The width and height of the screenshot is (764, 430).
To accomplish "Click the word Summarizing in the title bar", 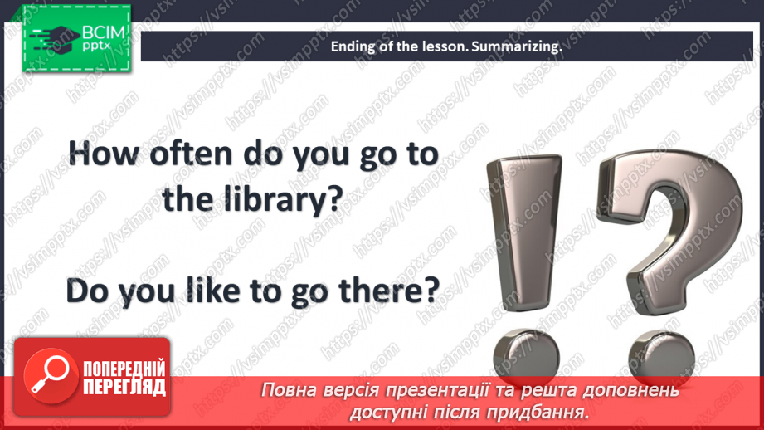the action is [517, 46].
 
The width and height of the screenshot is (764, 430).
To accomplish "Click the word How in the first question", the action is [104, 154].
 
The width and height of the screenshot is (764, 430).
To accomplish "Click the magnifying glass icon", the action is [50, 375].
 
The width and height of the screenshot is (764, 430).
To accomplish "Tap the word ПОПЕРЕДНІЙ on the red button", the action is [124, 369].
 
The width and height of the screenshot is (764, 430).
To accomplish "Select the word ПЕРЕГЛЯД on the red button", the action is [124, 388].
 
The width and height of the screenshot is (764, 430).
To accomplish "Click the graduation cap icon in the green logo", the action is [55, 38].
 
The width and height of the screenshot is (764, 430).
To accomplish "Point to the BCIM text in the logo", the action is [104, 32].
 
